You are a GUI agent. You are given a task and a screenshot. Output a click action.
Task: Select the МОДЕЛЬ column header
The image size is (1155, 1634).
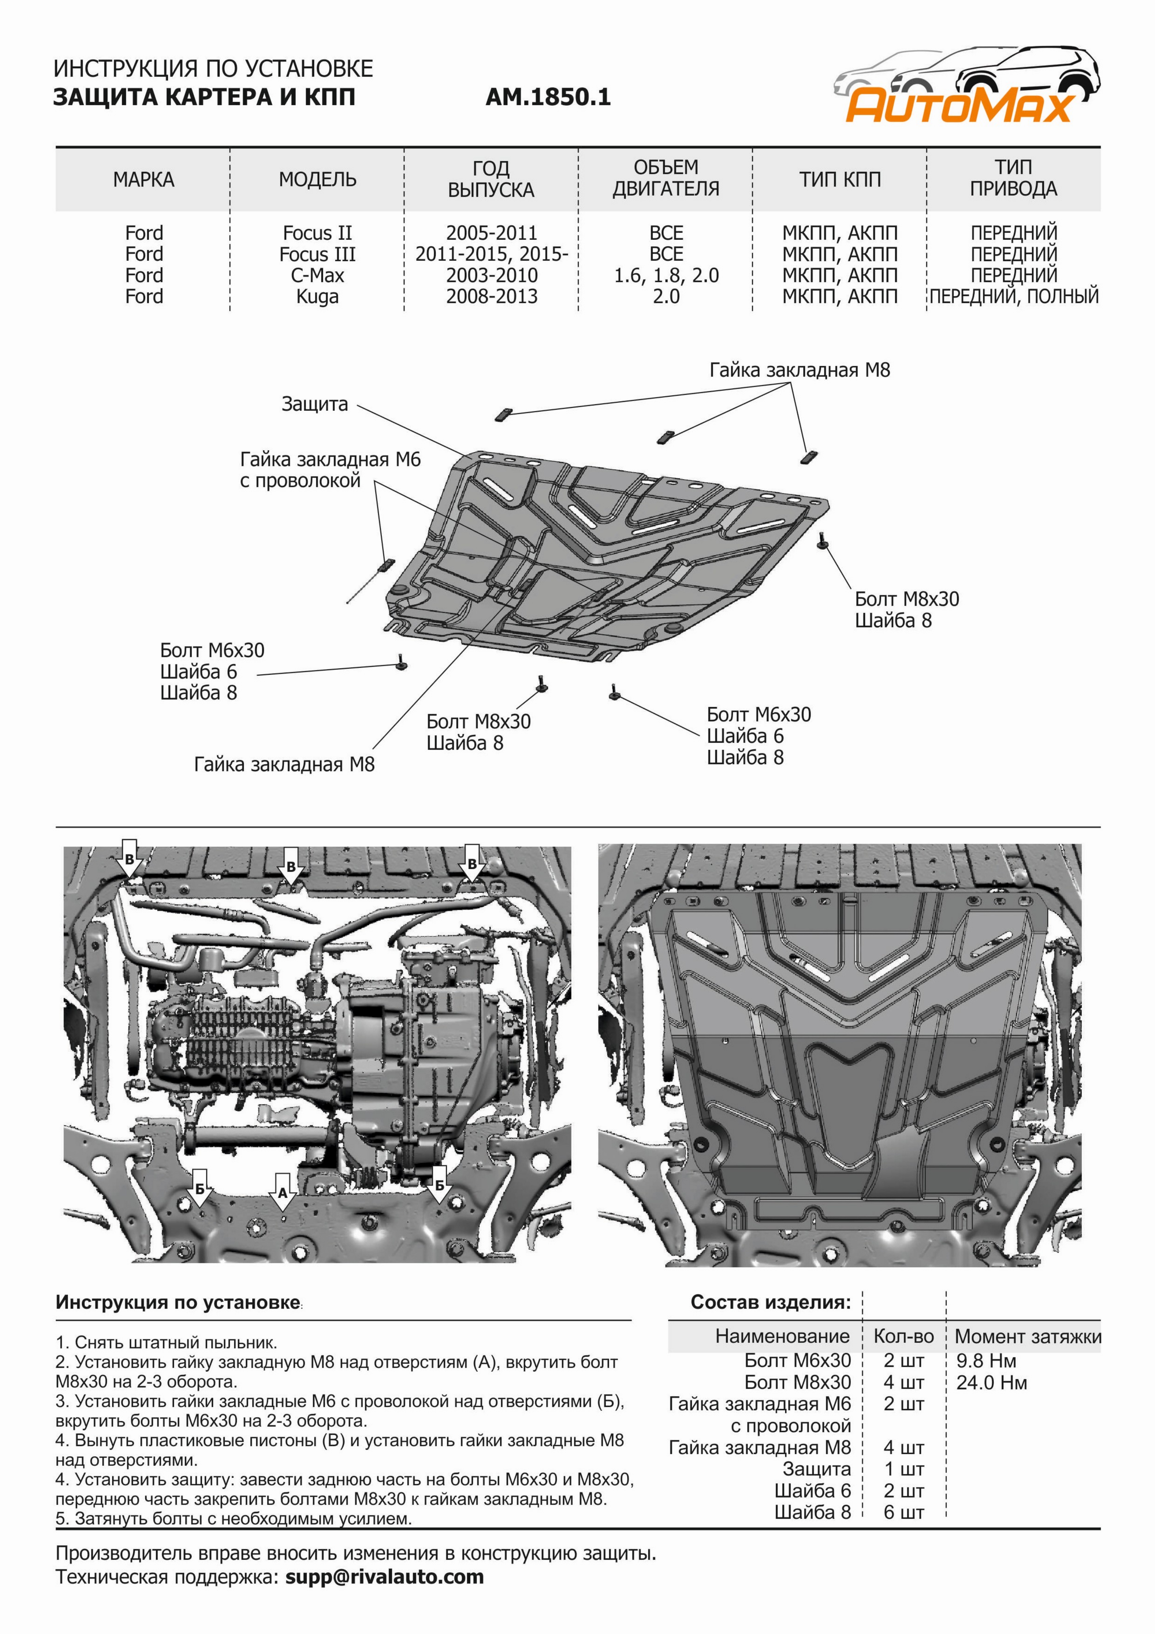click(x=317, y=179)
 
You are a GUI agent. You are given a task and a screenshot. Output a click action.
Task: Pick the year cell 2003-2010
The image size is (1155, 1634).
click(x=492, y=275)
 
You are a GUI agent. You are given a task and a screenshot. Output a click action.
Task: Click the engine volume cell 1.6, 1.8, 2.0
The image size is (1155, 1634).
click(x=666, y=275)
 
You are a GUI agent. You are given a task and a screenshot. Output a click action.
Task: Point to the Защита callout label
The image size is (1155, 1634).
click(x=315, y=404)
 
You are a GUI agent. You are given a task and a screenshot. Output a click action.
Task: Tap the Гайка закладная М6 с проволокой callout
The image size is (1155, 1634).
click(x=330, y=470)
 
